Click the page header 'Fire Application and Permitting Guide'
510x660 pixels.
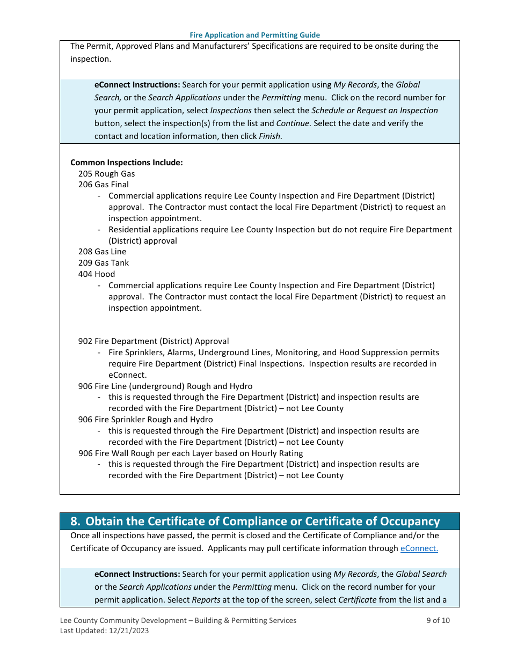click(254, 35)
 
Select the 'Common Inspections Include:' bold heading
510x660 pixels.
click(126, 163)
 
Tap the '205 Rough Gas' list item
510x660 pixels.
click(106, 174)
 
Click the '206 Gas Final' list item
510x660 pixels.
click(104, 185)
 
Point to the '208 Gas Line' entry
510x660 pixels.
click(103, 252)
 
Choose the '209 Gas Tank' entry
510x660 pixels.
click(104, 263)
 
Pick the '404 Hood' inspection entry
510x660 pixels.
click(97, 274)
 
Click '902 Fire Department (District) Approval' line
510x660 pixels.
click(154, 341)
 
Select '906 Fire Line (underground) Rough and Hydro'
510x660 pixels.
click(165, 386)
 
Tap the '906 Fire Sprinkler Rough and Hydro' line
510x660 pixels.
click(145, 420)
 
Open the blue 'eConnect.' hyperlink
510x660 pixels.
click(419, 548)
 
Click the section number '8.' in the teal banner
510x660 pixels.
click(76, 522)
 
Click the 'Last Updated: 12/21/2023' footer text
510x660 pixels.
click(105, 631)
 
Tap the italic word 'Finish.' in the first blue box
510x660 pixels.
click(271, 136)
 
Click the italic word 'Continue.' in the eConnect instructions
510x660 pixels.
click(294, 123)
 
